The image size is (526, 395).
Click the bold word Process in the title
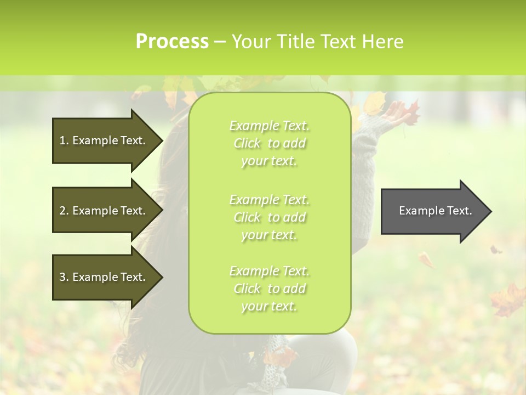(172, 42)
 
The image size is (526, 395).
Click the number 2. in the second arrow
(64, 211)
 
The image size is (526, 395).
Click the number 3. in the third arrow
(64, 277)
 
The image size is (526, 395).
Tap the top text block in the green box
(269, 143)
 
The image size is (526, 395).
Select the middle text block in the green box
(269, 217)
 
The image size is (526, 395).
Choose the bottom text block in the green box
(269, 288)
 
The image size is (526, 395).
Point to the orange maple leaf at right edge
(507, 299)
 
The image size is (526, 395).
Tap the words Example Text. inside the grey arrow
(436, 211)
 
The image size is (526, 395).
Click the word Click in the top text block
(247, 143)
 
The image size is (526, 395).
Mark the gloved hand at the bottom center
(274, 362)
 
